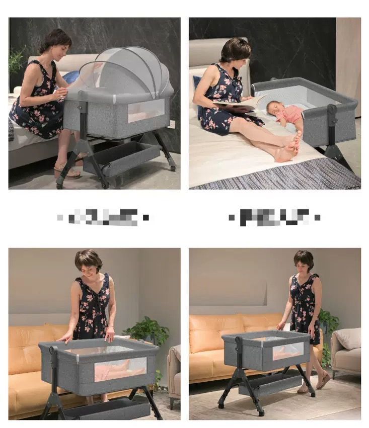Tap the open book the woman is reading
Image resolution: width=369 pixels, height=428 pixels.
coord(239,103)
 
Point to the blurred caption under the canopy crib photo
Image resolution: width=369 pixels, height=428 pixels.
coord(103,217)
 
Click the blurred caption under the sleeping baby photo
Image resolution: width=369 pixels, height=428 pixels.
coord(274,217)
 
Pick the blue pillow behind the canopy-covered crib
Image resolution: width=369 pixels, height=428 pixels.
coord(70,77)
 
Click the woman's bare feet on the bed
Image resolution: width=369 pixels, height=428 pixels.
coord(290,147)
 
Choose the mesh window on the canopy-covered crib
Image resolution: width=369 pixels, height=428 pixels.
coord(145,111)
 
